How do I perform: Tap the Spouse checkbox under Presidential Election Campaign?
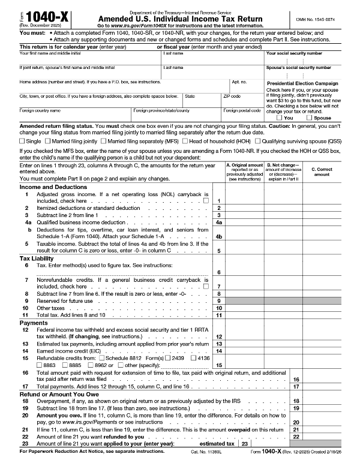pos(310,118)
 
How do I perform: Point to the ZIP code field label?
pos(232,96)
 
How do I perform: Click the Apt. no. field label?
pos(239,81)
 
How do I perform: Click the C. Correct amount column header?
pos(322,172)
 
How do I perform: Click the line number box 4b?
pos(219,236)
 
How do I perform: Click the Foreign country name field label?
pos(40,110)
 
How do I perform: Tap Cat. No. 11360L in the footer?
pos(207,461)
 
